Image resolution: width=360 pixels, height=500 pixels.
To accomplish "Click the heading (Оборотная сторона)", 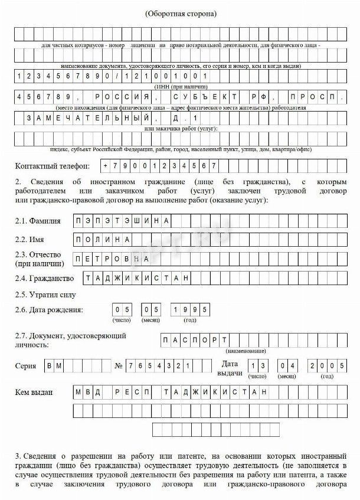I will pyautogui.click(x=181, y=13).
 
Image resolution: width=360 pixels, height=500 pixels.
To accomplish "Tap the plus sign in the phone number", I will pyautogui.click(x=106, y=165).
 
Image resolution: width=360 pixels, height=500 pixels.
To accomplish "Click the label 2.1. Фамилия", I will pyautogui.click(x=38, y=221).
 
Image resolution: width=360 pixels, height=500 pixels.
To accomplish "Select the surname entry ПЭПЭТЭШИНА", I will pyautogui.click(x=123, y=221).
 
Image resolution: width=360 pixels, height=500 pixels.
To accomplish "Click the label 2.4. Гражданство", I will pyautogui.click(x=45, y=278).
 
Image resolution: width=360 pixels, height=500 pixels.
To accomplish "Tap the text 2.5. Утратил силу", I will pyautogui.click(x=46, y=294).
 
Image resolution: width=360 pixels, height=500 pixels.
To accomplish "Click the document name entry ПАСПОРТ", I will pyautogui.click(x=194, y=339).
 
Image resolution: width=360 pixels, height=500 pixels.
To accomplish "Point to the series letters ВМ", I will pyautogui.click(x=54, y=366).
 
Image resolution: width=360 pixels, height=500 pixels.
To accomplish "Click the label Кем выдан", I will pyautogui.click(x=34, y=392).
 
